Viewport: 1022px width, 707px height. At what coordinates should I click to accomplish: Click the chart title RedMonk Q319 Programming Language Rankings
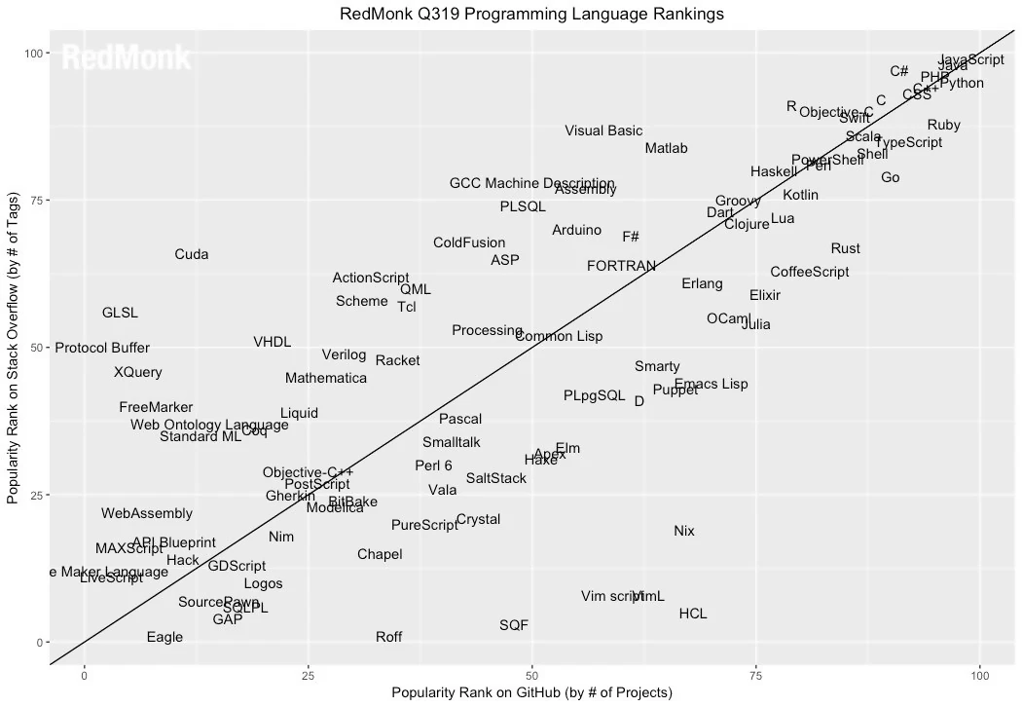(x=531, y=14)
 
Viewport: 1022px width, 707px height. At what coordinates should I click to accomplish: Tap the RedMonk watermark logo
(x=127, y=59)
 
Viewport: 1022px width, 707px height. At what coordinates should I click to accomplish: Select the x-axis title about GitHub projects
(x=531, y=692)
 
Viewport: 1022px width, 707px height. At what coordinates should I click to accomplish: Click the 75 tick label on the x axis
(x=755, y=675)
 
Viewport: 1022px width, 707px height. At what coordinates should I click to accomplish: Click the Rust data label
(x=845, y=249)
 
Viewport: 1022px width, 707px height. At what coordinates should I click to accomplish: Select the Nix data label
(x=684, y=532)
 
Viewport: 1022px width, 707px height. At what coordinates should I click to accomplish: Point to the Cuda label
(x=192, y=255)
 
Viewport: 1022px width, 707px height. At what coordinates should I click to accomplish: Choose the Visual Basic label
(x=603, y=131)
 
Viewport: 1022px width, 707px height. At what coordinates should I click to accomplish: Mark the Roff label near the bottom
(x=388, y=638)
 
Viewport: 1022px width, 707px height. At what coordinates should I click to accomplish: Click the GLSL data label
(x=120, y=314)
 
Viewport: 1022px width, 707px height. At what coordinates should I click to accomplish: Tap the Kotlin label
(x=800, y=196)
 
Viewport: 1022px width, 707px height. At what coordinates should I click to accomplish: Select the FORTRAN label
(x=621, y=266)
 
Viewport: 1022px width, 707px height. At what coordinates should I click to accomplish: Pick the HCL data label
(x=693, y=614)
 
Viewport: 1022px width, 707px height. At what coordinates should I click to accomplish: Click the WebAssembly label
(x=147, y=514)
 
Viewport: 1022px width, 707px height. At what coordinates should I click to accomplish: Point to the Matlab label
(x=666, y=149)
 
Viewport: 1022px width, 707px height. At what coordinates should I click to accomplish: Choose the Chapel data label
(x=380, y=555)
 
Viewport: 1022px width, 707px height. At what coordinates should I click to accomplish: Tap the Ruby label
(x=943, y=126)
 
